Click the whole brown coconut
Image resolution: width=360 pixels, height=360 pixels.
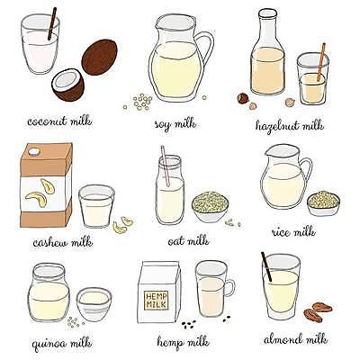coord(99,58)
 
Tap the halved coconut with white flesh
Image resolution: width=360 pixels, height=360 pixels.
coord(67,85)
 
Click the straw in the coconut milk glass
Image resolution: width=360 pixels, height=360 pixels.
coord(52,24)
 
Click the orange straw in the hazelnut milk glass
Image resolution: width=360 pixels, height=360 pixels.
coord(321,62)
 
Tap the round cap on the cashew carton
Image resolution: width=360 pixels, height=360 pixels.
coord(34,151)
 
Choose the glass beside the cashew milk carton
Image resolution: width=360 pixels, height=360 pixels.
coord(96,206)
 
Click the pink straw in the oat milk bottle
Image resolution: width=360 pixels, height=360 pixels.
coord(166,166)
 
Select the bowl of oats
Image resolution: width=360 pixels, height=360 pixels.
coord(210,207)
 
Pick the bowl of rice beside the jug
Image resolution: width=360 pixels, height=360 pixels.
coord(323,203)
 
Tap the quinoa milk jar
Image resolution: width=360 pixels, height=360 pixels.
coord(49,292)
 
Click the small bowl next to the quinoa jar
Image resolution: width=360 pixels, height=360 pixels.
coord(94,304)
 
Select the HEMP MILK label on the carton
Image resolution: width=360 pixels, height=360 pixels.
coord(156,301)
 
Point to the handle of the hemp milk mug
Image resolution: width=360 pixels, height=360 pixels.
coord(230,287)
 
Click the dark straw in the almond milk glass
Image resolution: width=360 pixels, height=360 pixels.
coord(266,266)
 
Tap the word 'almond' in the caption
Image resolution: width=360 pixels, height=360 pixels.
coord(283,339)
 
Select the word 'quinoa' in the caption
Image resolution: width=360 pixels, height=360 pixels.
coord(49,344)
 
